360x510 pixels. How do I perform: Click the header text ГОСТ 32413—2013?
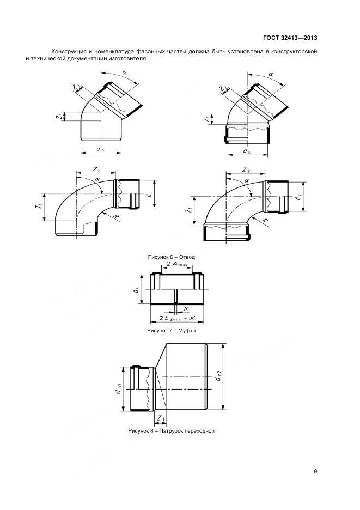point(290,38)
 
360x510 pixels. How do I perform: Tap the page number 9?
point(315,471)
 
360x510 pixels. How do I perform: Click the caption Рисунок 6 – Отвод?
point(172,257)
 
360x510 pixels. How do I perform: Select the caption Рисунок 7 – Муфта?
point(172,330)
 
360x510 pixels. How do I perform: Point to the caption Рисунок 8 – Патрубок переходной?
point(172,431)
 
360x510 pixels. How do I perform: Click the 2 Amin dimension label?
point(177,264)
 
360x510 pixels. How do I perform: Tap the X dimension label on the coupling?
point(186,308)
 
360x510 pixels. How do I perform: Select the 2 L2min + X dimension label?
point(177,318)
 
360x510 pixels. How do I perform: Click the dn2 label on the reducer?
point(218,376)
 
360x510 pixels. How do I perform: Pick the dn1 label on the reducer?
point(119,388)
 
